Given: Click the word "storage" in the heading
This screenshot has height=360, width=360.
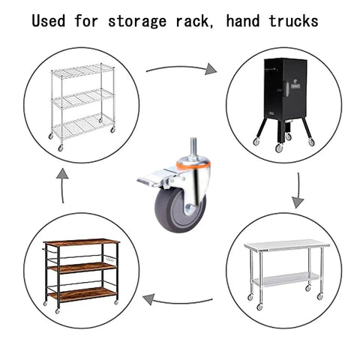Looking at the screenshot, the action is click(x=137, y=21).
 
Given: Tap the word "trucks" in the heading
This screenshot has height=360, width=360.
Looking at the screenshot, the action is click(x=293, y=21).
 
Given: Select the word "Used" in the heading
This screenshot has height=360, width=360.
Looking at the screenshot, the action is click(x=49, y=21).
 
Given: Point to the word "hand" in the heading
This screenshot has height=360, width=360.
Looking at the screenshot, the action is click(x=243, y=21).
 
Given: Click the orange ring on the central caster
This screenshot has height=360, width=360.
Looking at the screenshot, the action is click(x=193, y=165).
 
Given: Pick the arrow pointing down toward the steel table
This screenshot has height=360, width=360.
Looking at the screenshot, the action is click(x=298, y=190).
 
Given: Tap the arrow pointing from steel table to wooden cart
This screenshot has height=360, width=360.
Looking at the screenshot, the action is click(x=178, y=301).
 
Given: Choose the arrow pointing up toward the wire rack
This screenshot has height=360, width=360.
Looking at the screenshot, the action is click(x=62, y=185).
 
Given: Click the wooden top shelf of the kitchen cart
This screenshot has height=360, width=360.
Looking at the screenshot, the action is click(x=81, y=242).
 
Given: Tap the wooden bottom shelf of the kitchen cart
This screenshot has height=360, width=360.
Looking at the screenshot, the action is click(x=82, y=294).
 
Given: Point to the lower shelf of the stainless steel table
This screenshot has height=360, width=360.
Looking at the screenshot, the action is click(x=286, y=279).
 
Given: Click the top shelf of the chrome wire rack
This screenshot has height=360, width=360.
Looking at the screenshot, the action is click(x=82, y=70).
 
